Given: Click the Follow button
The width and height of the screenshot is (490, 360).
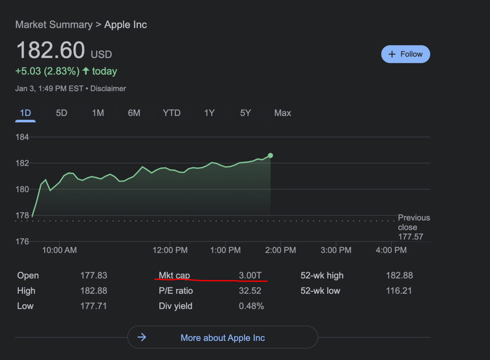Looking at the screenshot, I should [x=405, y=54].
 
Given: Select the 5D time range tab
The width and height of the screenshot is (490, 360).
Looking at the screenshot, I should [x=62, y=113].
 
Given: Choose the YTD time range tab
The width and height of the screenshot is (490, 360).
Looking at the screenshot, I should [x=171, y=113].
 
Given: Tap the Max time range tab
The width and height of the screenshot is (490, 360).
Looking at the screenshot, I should [x=282, y=113].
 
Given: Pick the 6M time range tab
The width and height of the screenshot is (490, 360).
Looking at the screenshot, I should [x=134, y=113].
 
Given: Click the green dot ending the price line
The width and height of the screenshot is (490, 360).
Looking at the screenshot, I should [x=270, y=156].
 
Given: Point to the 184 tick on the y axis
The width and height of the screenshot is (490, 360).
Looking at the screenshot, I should [x=22, y=137].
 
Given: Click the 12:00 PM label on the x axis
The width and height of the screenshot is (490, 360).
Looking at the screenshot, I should [x=170, y=250].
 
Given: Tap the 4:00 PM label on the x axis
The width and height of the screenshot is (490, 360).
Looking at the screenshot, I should [x=391, y=250].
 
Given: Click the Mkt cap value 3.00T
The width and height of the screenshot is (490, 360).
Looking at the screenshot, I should [x=250, y=275].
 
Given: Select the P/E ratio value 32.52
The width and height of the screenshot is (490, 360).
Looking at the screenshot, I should [x=250, y=291].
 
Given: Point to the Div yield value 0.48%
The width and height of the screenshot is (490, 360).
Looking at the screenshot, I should [x=251, y=306].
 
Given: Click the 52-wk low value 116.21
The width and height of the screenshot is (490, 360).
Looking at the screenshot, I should [x=399, y=291].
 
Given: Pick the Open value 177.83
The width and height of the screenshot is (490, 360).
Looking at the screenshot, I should [x=94, y=275].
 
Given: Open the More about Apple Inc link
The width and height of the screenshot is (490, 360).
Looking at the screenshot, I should [x=223, y=337].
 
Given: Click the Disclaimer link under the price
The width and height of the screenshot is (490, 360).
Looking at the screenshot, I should [x=108, y=89].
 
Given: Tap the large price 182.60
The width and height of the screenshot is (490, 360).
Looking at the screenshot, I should [x=50, y=50].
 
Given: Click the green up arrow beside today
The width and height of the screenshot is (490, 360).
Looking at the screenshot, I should [x=86, y=71].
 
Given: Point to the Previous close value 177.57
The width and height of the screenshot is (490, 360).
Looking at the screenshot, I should [x=410, y=237].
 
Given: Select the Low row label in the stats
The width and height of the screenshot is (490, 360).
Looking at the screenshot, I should [x=25, y=306].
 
